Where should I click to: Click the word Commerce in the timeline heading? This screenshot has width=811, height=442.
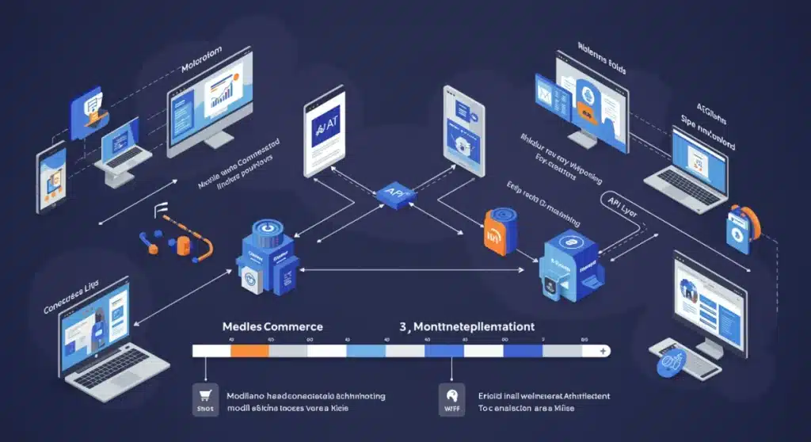(x=292, y=326)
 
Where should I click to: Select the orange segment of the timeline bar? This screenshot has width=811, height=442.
(x=249, y=350)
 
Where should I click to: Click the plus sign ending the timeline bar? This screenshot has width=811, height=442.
(x=604, y=350)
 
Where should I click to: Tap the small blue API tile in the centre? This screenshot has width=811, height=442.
(x=390, y=193)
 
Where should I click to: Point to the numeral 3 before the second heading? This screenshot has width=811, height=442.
(x=403, y=326)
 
